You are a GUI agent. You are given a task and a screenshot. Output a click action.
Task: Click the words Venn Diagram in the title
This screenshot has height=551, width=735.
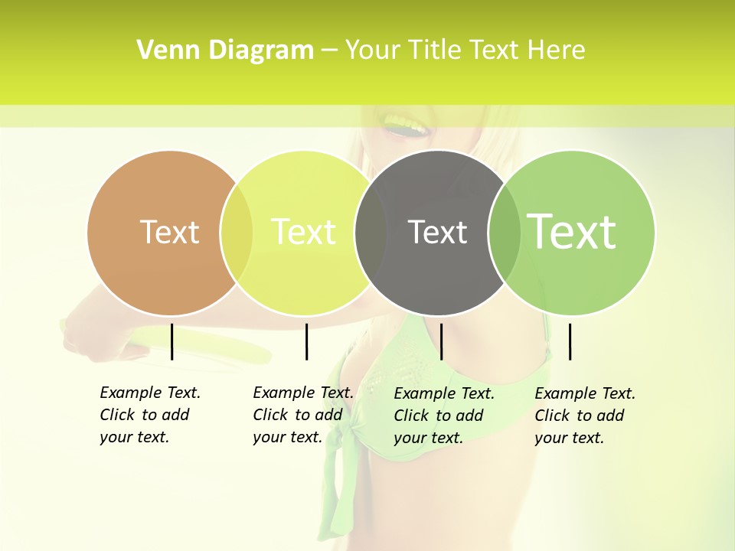pos(225,51)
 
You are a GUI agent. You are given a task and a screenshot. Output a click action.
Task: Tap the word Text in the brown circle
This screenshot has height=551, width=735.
pos(169,232)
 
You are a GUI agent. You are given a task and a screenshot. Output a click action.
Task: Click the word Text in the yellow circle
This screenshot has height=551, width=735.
pos(303,232)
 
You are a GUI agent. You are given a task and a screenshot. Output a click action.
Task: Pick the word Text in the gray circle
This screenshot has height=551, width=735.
pos(437,232)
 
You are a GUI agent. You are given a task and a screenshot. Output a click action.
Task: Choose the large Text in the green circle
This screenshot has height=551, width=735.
pos(572,231)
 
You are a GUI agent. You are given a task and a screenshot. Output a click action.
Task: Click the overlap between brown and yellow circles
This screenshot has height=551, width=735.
pos(237,233)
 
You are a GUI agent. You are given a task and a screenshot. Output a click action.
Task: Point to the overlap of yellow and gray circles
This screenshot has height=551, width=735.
pos(371,233)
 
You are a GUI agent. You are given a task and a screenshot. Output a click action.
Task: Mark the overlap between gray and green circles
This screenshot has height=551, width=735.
pos(505,233)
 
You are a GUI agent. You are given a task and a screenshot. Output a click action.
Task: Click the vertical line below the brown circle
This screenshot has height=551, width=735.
pos(172,341)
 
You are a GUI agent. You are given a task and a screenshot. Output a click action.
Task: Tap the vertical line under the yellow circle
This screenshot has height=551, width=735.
pos(306,341)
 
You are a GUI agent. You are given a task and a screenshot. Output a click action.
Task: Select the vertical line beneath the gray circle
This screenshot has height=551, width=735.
pos(441,341)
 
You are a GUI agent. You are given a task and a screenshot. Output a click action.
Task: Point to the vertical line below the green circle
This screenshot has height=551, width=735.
pos(570,341)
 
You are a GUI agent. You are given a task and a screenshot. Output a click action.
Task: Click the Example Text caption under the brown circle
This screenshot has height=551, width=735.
pos(149,415)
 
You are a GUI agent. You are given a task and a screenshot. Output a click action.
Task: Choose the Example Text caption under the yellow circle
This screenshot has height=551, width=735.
pos(302,415)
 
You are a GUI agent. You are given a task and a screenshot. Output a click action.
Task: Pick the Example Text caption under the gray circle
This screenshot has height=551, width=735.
pos(443,416)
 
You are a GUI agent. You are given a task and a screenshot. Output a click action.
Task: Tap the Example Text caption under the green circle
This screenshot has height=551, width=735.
pos(584,416)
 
